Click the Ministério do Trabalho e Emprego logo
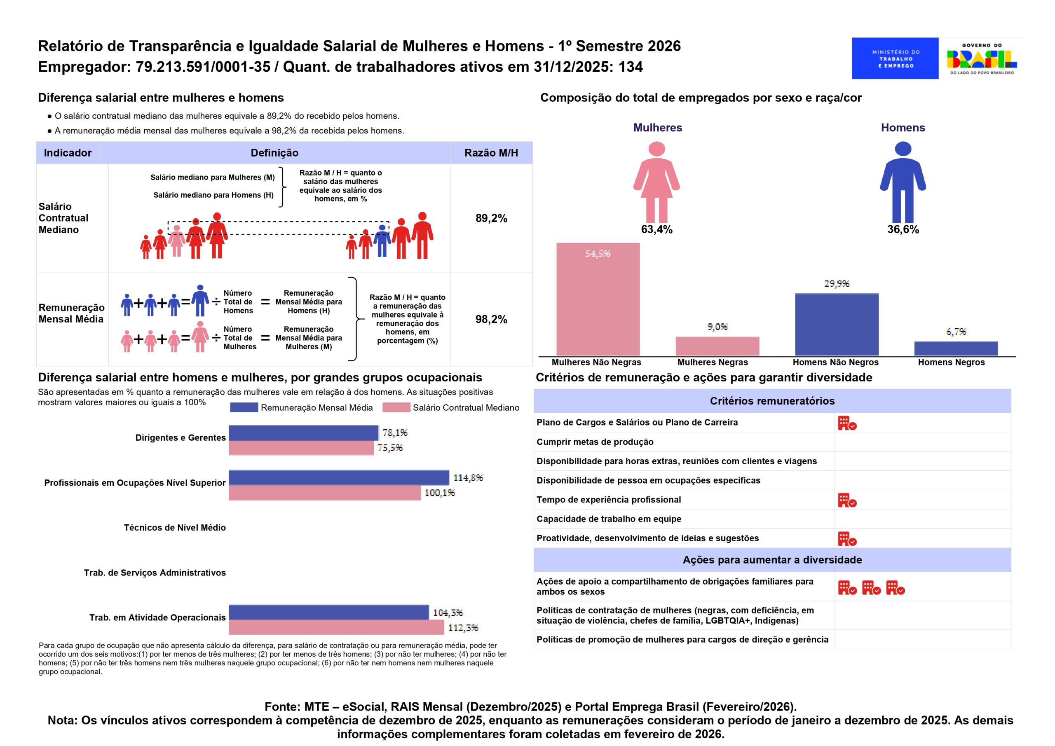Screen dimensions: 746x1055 pyautogui.click(x=895, y=58)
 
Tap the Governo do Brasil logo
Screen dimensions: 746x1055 pyautogui.click(x=982, y=58)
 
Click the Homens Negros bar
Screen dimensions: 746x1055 pyautogui.click(x=956, y=348)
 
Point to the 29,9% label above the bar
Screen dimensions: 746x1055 pyautogui.click(x=836, y=283)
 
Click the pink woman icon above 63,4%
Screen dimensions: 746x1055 pyautogui.click(x=656, y=182)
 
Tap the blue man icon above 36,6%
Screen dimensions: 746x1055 pyautogui.click(x=903, y=182)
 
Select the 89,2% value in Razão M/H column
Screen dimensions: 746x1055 pyautogui.click(x=491, y=218)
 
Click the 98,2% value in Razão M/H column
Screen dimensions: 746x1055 pyautogui.click(x=491, y=319)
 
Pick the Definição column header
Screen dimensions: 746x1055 pyautogui.click(x=274, y=153)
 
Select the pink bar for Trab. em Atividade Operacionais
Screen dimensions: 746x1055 pyautogui.click(x=336, y=627)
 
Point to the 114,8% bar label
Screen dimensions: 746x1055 pyautogui.click(x=468, y=478)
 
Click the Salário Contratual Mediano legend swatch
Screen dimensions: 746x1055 pyautogui.click(x=396, y=407)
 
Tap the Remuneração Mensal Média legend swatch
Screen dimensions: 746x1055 pyautogui.click(x=244, y=407)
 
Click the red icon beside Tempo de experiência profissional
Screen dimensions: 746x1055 pyautogui.click(x=847, y=500)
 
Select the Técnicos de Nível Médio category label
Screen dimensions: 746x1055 pyautogui.click(x=175, y=527)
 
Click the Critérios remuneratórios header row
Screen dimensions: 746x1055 pyautogui.click(x=772, y=401)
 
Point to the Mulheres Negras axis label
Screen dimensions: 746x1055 pyautogui.click(x=712, y=362)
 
